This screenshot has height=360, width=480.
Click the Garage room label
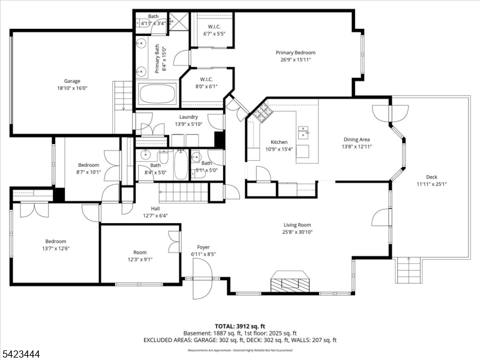72,81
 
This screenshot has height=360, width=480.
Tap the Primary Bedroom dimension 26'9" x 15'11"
295,59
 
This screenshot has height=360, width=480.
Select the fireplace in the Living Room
290,280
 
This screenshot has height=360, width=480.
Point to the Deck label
431,176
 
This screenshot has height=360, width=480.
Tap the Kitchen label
279,142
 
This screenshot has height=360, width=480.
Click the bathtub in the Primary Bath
157,95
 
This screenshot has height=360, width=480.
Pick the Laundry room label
188,117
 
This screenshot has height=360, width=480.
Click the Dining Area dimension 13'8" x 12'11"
356,146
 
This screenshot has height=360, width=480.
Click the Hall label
155,208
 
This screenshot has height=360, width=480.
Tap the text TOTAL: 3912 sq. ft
239,325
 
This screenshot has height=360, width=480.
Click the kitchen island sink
304,131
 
